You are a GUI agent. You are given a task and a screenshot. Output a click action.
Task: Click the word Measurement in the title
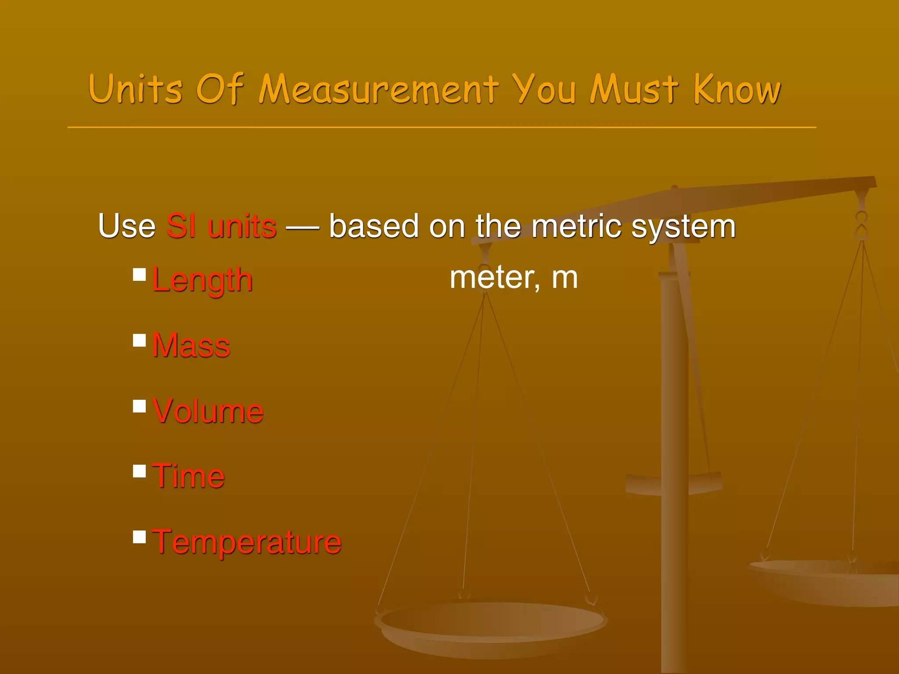[x=378, y=90]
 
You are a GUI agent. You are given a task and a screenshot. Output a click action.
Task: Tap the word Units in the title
[x=135, y=90]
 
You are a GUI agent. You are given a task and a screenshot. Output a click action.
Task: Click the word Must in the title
[x=634, y=90]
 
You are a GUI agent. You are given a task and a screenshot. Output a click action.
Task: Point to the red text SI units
[x=221, y=226]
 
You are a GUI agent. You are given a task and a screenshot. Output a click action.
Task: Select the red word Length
[x=202, y=280]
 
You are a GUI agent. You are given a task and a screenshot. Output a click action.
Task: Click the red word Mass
[x=191, y=345]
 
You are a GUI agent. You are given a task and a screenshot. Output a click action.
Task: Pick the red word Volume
[x=208, y=411]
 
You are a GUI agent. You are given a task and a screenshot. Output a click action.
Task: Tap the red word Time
[x=188, y=476]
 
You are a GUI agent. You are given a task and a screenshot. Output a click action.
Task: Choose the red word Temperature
[x=247, y=542]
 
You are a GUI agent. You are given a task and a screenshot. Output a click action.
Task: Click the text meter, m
[x=514, y=278]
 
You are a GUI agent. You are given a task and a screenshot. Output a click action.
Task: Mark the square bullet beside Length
[x=140, y=275]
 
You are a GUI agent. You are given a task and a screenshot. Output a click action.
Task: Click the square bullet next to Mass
[x=140, y=341]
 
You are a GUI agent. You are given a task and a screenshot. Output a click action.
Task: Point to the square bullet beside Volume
[x=140, y=406]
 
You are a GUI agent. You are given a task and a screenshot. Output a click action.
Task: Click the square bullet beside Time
[x=140, y=471]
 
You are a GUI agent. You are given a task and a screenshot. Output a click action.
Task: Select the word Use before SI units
[x=127, y=226]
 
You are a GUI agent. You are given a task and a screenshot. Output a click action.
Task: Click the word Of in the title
[x=219, y=90]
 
